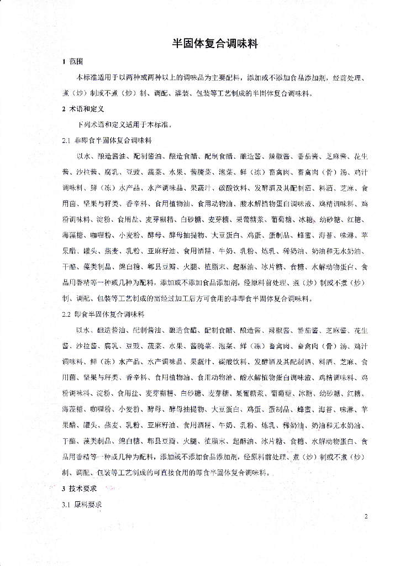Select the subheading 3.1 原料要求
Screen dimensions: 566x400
click(82, 505)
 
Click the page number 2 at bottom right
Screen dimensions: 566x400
click(366, 516)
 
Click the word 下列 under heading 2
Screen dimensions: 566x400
click(85, 125)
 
